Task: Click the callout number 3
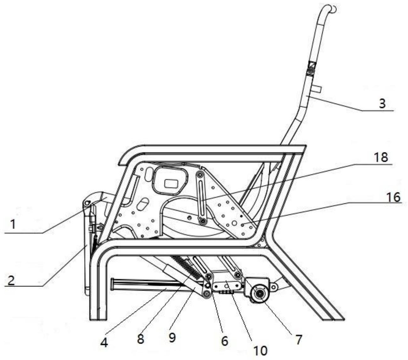point(382,103)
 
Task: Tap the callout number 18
point(381,157)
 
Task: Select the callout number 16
point(394,197)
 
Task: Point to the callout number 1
point(13,224)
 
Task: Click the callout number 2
point(11,280)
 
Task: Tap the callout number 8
point(140,338)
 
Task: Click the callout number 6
point(224,341)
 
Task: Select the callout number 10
point(260,350)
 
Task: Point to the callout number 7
point(299,339)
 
